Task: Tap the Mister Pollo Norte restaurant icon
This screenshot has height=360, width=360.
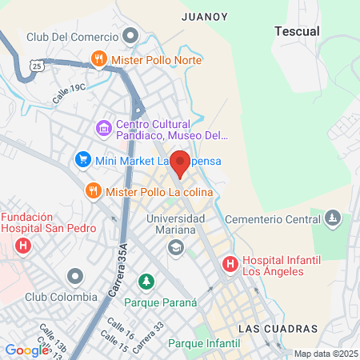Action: tap(99, 58)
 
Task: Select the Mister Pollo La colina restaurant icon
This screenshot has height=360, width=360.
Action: tap(93, 190)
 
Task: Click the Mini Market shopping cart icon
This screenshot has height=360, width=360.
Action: tap(82, 160)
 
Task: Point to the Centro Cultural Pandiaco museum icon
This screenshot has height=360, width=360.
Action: tap(103, 128)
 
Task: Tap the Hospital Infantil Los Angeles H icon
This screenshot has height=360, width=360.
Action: tap(230, 262)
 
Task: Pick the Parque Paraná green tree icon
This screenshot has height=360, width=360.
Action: tap(146, 281)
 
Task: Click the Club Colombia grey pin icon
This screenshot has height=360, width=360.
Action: tap(76, 277)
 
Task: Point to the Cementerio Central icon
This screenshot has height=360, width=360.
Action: tap(334, 218)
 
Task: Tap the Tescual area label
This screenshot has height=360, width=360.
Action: tap(297, 31)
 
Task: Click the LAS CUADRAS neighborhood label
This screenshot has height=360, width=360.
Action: tap(278, 329)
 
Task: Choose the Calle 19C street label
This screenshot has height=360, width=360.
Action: tap(69, 94)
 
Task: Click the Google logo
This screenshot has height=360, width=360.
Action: tap(26, 350)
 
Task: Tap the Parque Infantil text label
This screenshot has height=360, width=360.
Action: tap(204, 343)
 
